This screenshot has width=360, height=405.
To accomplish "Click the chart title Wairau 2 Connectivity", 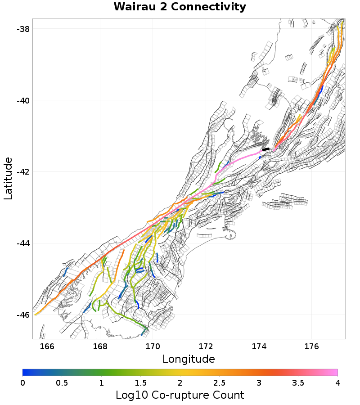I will coord(180,7).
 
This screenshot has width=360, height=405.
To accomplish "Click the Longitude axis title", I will coord(189,359).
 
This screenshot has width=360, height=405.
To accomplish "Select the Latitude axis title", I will coord(8,178).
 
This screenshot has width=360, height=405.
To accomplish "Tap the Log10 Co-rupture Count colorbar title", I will coord(180,395).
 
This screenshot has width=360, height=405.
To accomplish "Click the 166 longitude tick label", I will coord(47,346).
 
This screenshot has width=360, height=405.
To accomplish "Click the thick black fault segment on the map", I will coord(266,149).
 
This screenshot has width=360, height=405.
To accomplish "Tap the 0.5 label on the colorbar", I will coord(62,382).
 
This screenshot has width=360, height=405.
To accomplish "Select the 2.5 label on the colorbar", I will coord(219,382).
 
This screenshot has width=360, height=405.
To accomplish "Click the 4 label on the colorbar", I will coord(337,382).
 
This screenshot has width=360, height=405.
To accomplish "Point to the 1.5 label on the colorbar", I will coord(140,382).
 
